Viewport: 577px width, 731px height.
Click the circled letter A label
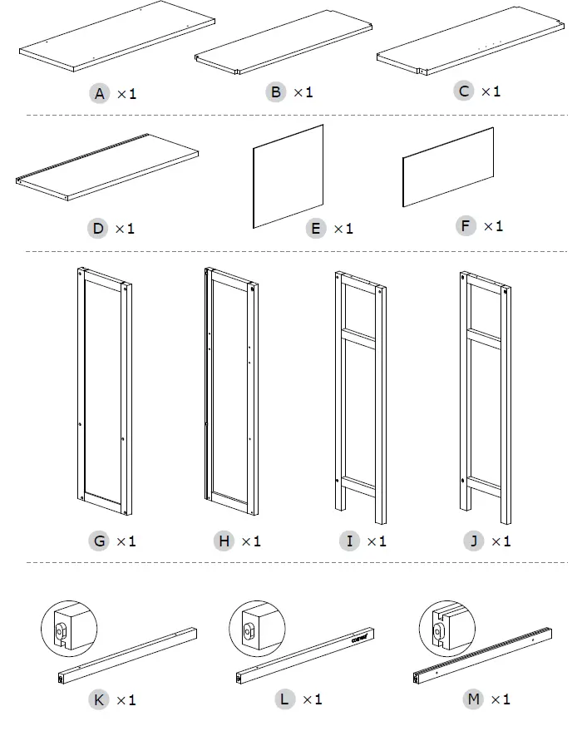(x=100, y=94)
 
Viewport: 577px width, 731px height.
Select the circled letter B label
(x=276, y=91)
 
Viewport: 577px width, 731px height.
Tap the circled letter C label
(x=465, y=91)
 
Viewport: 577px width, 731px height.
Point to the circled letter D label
(x=99, y=227)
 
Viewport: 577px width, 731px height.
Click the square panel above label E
(x=288, y=176)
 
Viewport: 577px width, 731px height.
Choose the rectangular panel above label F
(x=448, y=167)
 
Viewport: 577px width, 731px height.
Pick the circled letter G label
(x=99, y=541)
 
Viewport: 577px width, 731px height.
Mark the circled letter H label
(x=224, y=541)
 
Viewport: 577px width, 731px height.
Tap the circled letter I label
(x=349, y=541)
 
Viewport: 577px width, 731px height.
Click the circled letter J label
(x=474, y=541)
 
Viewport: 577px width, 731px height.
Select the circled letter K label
(x=99, y=699)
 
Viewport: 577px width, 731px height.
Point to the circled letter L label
(x=285, y=699)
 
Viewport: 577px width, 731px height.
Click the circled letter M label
(x=474, y=699)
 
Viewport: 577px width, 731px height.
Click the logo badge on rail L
(x=361, y=639)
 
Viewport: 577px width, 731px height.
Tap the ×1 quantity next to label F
(x=493, y=225)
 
